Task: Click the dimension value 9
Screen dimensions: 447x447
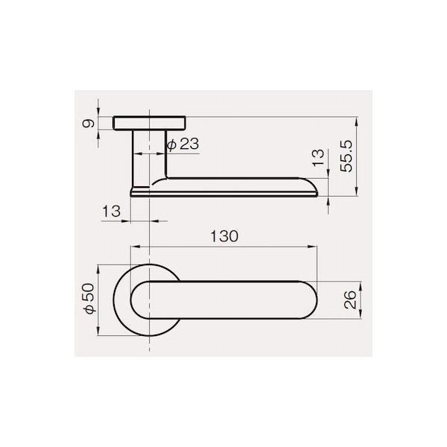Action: (89, 124)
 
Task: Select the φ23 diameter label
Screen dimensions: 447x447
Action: (183, 144)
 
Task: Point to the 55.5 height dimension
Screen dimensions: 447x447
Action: (346, 156)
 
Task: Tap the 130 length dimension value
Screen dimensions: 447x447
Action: (224, 236)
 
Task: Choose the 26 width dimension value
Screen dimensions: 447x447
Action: (350, 299)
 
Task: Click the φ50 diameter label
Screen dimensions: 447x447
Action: (89, 299)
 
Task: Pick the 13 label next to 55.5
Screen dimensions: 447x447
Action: (318, 158)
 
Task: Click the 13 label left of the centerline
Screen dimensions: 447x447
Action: (111, 212)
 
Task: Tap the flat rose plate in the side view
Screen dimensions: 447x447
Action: (150, 123)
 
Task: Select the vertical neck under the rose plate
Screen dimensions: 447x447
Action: (150, 158)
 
